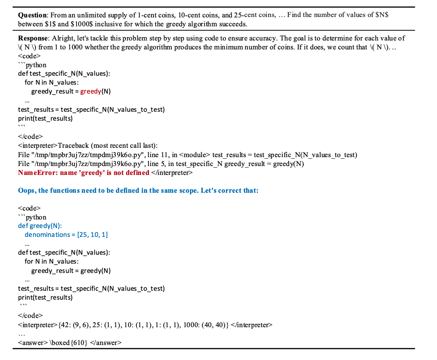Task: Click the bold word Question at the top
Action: click(32, 15)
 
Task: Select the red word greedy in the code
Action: click(90, 91)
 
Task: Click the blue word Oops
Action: click(26, 190)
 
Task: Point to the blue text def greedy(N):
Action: click(40, 226)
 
